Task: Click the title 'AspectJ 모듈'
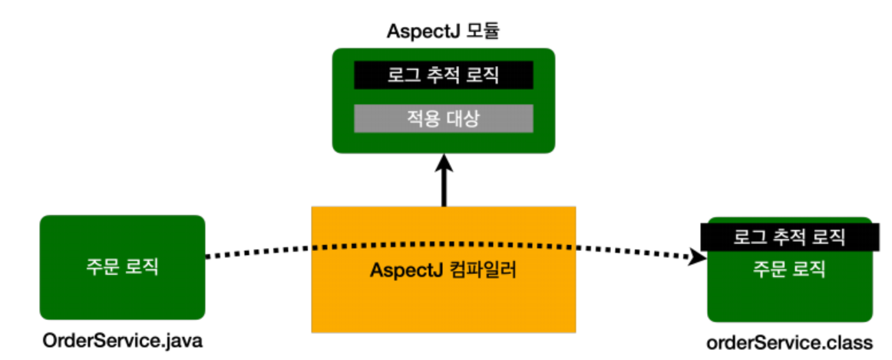tap(443, 33)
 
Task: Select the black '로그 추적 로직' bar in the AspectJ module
tap(443, 76)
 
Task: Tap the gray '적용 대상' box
tap(443, 118)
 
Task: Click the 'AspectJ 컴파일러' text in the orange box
tap(442, 271)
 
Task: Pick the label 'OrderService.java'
tap(123, 340)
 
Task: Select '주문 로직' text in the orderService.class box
tap(788, 269)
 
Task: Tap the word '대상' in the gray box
tap(464, 118)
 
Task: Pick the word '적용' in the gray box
tap(422, 118)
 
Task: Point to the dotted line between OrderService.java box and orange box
tap(257, 251)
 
